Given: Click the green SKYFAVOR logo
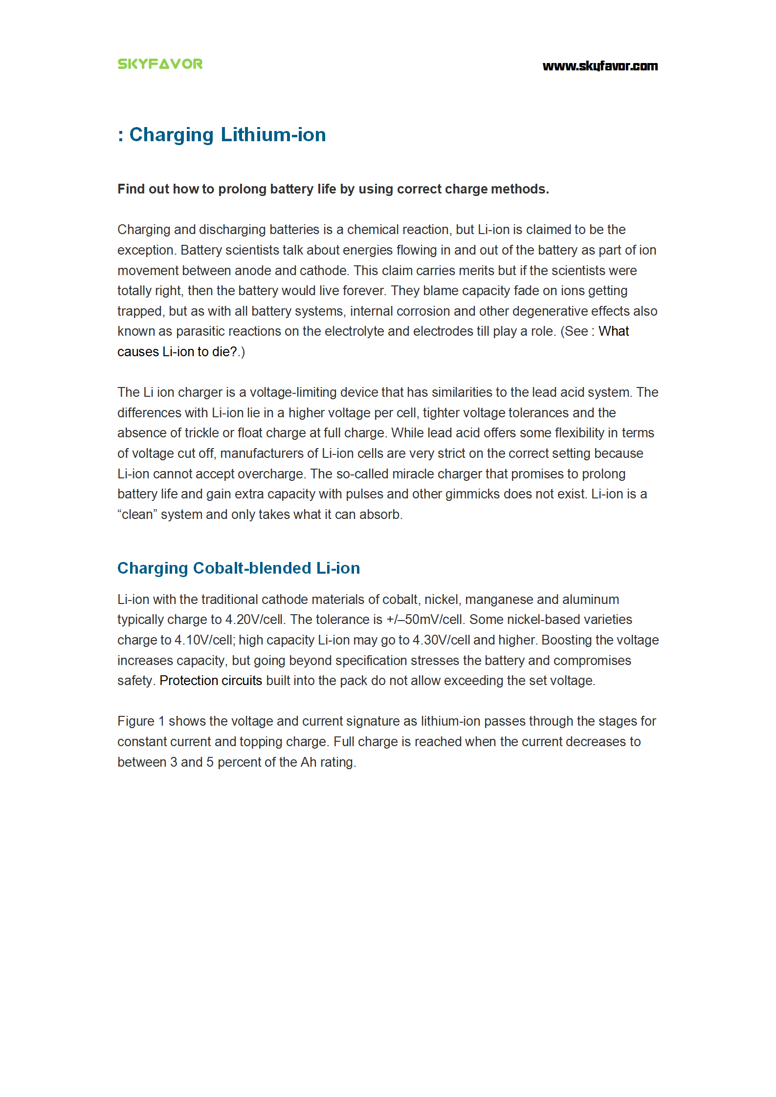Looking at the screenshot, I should (x=160, y=64).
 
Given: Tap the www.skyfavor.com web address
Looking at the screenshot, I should (x=600, y=66).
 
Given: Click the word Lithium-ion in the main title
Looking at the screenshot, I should (x=273, y=135).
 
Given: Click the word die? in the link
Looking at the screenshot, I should (x=224, y=352).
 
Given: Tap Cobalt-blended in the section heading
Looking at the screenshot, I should (x=252, y=568).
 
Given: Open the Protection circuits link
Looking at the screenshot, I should (x=211, y=681).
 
